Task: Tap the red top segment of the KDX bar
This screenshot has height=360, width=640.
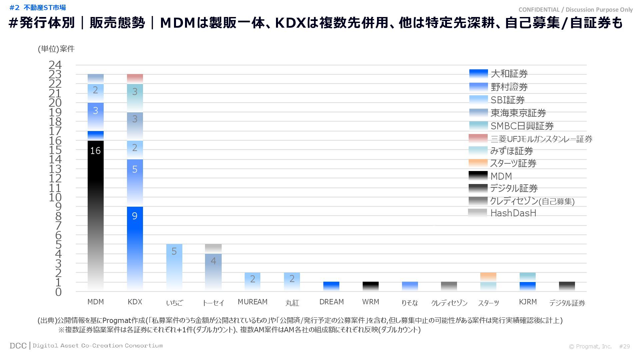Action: (x=135, y=79)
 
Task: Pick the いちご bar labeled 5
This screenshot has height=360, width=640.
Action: (x=174, y=267)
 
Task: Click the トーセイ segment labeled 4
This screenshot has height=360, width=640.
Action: (x=213, y=272)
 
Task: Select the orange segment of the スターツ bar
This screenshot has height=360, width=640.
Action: (x=488, y=277)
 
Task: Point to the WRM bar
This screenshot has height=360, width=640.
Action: (x=371, y=286)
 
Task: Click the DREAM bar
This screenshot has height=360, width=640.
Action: (x=331, y=286)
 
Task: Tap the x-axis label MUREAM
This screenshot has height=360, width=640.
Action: (x=252, y=302)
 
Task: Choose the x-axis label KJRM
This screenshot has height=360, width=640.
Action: (x=528, y=302)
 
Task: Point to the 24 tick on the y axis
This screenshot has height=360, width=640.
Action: (x=55, y=65)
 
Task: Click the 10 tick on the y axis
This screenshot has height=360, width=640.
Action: (x=55, y=197)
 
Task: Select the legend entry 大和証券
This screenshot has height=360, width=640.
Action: (x=509, y=74)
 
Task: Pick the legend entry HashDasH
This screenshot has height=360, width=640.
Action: (x=513, y=213)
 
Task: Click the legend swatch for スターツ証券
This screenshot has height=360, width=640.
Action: (x=478, y=163)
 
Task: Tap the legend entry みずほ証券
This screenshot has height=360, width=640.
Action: (x=511, y=151)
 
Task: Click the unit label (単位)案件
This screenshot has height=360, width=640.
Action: (x=56, y=49)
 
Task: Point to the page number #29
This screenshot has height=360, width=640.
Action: (x=624, y=346)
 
